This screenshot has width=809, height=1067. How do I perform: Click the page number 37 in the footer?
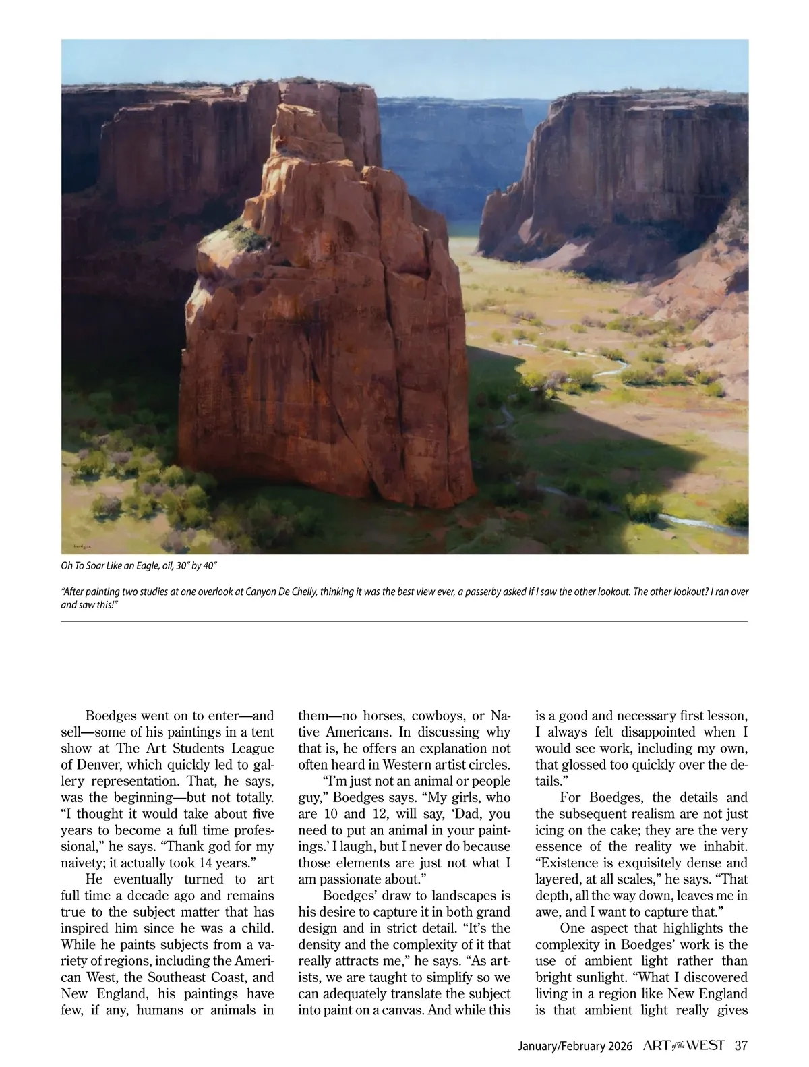click(x=741, y=1046)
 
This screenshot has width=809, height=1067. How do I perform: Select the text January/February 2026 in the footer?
click(x=575, y=1047)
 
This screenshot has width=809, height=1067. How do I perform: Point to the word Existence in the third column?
click(x=568, y=863)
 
